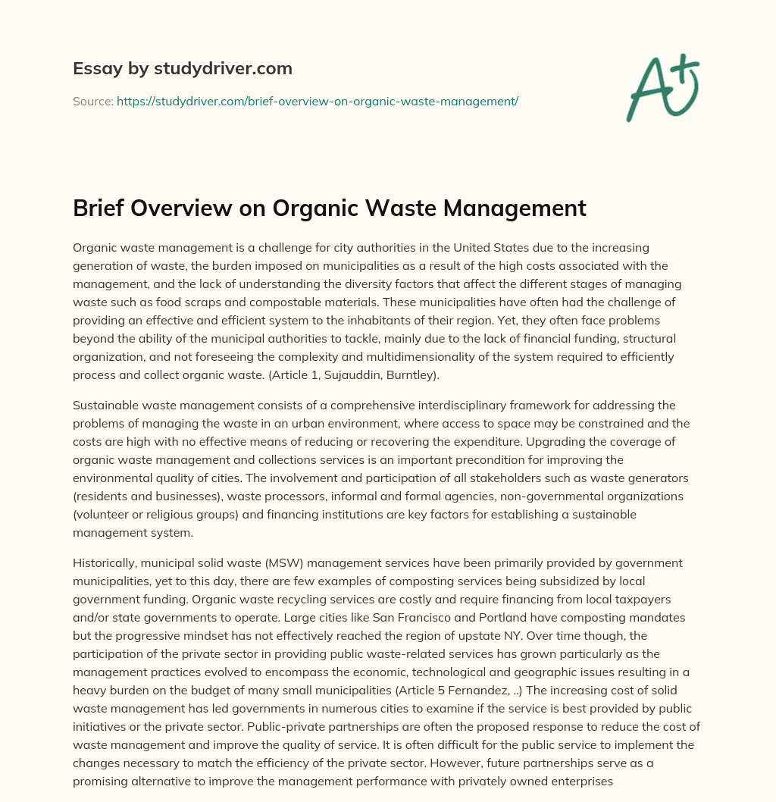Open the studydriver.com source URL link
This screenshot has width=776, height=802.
(x=317, y=101)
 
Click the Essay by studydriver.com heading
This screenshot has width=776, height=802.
(x=183, y=69)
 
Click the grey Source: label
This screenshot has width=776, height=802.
(x=92, y=101)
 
